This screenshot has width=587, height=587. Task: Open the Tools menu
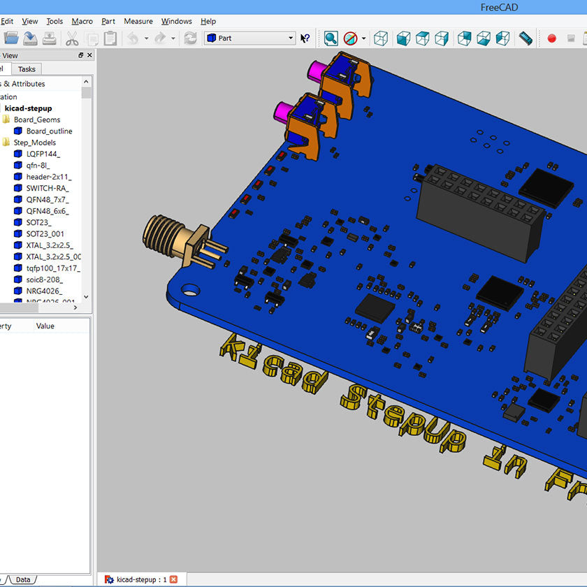(55, 21)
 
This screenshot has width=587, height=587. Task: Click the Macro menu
(82, 21)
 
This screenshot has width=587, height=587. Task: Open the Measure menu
(138, 21)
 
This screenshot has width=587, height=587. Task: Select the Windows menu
(176, 21)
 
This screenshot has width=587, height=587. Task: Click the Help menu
(208, 21)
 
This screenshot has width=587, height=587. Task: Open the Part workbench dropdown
(250, 38)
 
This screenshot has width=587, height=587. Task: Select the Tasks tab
(27, 69)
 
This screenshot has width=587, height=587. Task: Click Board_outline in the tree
(49, 131)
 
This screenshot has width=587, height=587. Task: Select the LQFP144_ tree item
(43, 154)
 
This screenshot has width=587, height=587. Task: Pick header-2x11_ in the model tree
(48, 177)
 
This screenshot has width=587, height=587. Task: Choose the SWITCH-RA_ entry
(48, 188)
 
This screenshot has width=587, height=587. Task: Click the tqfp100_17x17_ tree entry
(52, 268)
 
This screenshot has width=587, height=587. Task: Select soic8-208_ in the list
(44, 280)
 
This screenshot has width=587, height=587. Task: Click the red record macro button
(551, 38)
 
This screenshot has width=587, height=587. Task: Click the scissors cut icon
(72, 38)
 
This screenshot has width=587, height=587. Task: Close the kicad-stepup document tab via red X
(174, 579)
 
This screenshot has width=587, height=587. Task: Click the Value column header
(45, 326)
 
